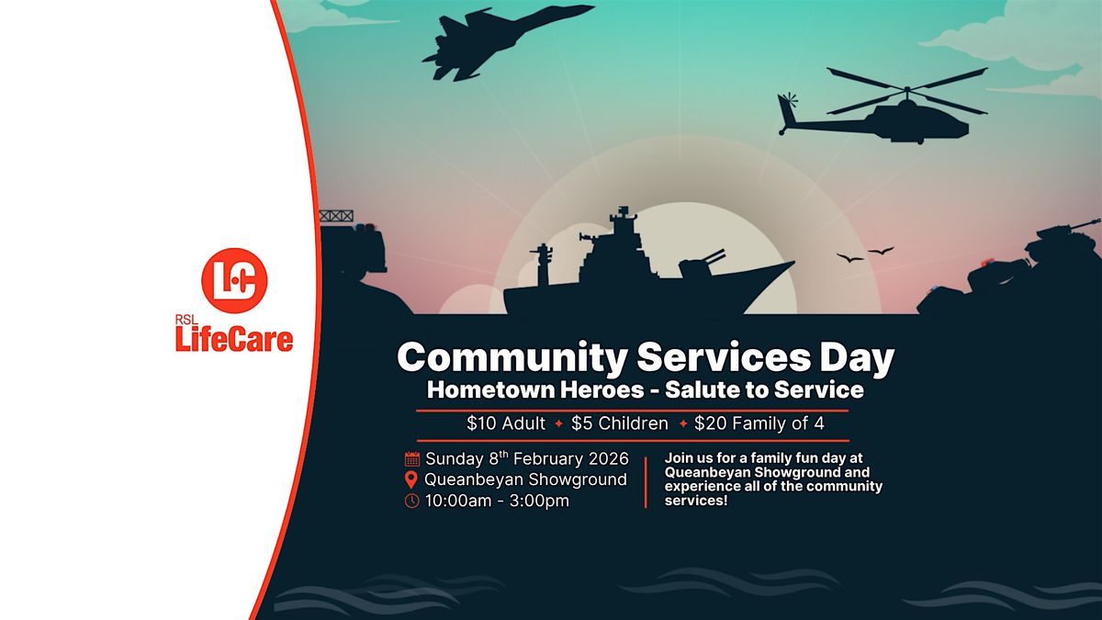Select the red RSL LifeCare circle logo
point(234,280)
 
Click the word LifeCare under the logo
point(234,340)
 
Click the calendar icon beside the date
point(412,458)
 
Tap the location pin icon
point(412,479)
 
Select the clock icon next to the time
point(412,501)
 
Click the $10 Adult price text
point(506,423)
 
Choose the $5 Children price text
point(620,423)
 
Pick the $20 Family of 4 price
point(759,423)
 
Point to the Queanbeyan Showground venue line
point(525,479)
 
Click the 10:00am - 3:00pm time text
point(497,501)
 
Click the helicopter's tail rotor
point(787,100)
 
